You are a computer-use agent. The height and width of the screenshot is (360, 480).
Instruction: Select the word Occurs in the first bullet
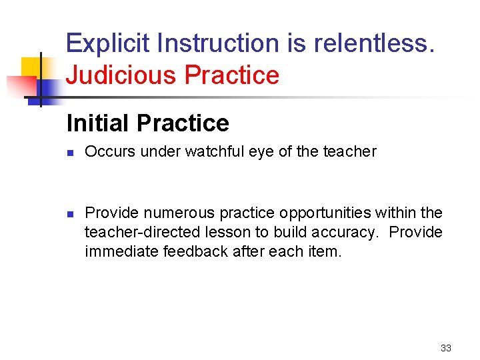[109, 152]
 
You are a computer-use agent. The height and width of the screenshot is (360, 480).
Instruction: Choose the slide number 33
[446, 348]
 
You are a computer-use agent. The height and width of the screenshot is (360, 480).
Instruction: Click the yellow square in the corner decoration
[31, 67]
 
